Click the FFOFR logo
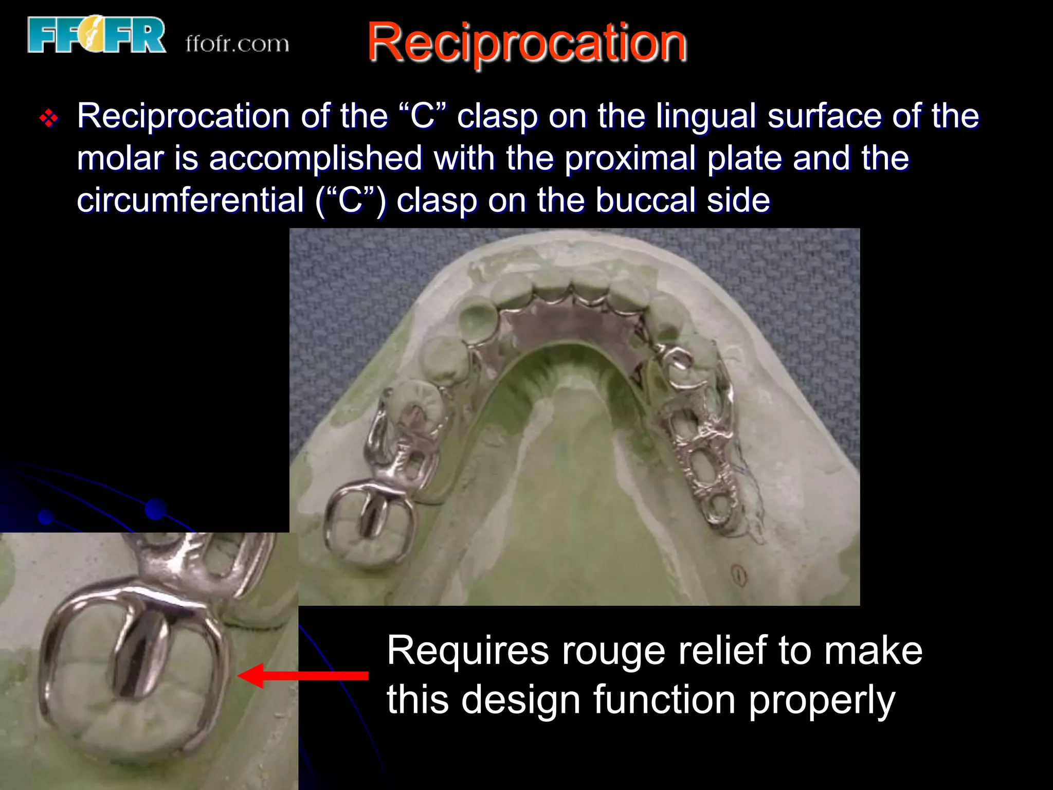pos(97,35)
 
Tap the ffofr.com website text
pos(238,44)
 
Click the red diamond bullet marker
pos(49,119)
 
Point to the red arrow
pos(303,675)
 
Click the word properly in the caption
pos(822,701)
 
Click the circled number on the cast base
pos(739,574)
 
